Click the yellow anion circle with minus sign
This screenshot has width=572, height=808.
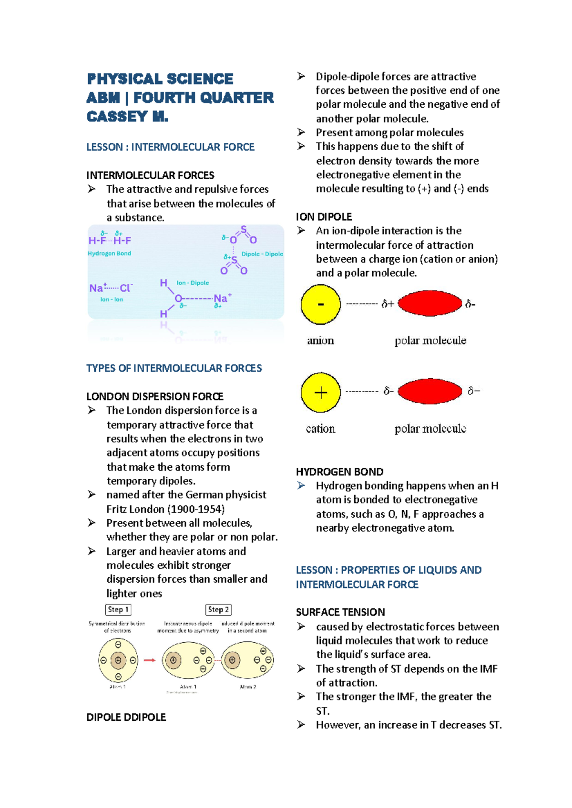(321, 304)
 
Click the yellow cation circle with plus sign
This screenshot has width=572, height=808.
(321, 393)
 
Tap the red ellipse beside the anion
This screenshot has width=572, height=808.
(430, 303)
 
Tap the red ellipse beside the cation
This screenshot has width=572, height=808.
(430, 391)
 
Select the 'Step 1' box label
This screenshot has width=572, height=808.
(118, 609)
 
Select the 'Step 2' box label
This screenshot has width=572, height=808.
(219, 609)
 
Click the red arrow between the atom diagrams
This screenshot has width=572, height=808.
(150, 660)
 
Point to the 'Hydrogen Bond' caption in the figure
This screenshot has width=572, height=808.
(109, 253)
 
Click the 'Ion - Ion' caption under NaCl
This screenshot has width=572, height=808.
(112, 300)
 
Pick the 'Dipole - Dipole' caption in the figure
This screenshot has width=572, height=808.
(262, 254)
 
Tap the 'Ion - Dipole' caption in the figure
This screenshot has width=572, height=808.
(193, 283)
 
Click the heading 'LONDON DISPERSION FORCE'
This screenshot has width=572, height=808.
(155, 396)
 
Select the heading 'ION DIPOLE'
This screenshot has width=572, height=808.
(324, 217)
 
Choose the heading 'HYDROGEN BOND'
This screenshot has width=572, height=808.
(339, 472)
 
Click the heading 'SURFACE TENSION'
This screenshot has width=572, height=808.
(340, 612)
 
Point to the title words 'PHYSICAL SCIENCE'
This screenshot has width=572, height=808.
(160, 79)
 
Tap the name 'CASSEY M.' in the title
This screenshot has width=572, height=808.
(127, 117)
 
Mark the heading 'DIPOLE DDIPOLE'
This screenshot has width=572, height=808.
(126, 717)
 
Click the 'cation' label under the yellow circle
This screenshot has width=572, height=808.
(320, 429)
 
